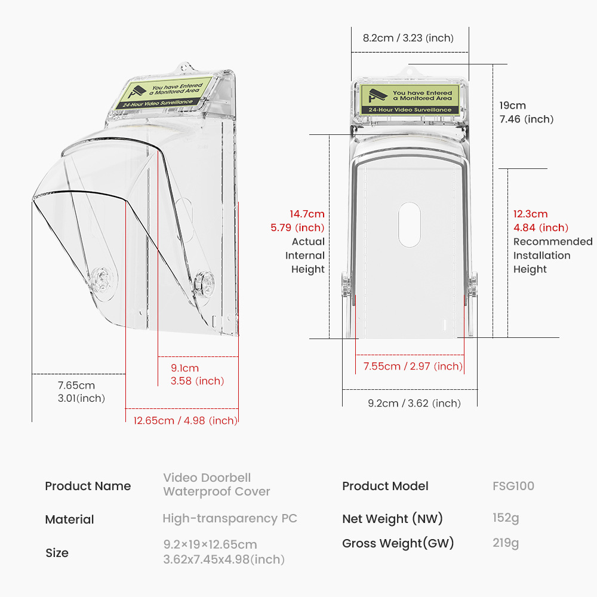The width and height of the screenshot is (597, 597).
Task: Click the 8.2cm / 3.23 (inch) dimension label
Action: (x=408, y=38)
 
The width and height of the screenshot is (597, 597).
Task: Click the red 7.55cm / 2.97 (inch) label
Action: (x=413, y=367)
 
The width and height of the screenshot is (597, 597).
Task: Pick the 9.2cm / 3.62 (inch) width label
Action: (x=414, y=403)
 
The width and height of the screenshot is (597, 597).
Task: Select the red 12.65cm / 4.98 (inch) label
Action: (x=185, y=421)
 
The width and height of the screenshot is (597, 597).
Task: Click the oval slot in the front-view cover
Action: (x=410, y=224)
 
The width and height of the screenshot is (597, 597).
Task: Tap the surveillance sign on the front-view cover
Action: (x=410, y=100)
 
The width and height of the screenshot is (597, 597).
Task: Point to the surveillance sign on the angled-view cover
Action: (x=163, y=94)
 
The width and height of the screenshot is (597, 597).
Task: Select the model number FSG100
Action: (x=513, y=486)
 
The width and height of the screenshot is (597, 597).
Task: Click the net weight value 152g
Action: (x=506, y=518)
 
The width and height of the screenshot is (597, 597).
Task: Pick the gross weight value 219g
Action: (x=506, y=543)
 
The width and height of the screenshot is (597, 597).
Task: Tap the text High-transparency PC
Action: (x=230, y=519)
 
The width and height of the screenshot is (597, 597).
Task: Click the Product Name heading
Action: (x=88, y=486)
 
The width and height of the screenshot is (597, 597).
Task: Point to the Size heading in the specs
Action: (x=57, y=553)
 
